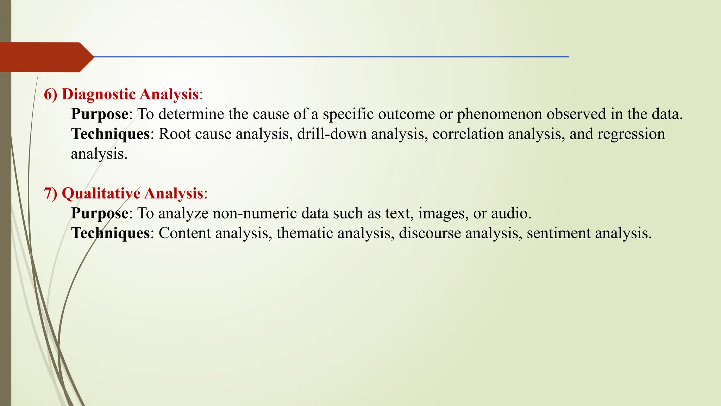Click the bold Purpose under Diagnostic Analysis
[x=100, y=114]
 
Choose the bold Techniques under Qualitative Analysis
[x=111, y=233]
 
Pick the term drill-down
[x=332, y=134]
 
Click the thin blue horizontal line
[x=331, y=57]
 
